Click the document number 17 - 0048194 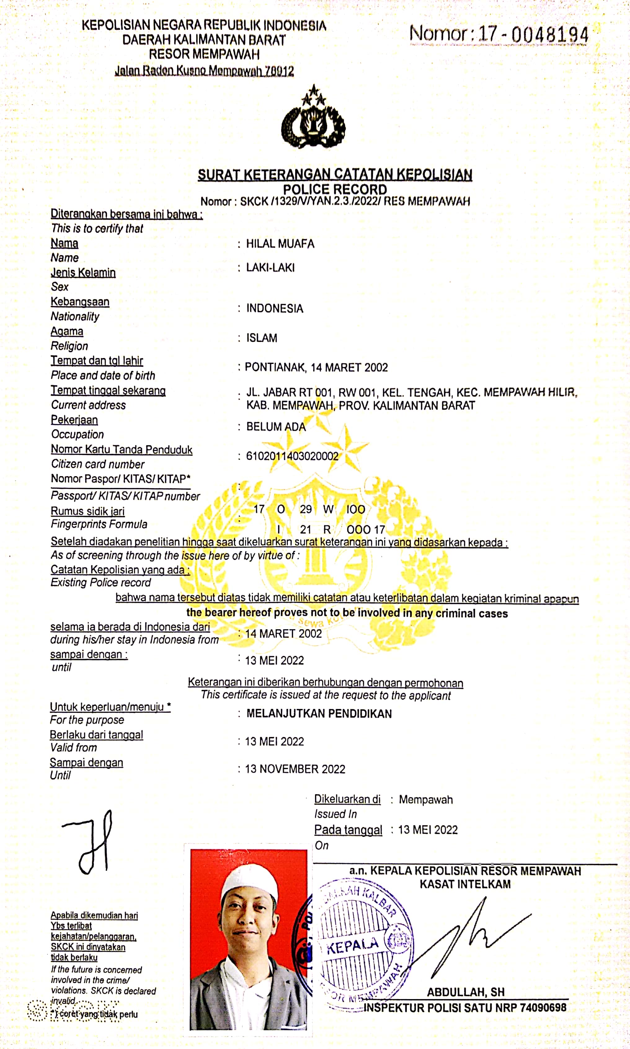[x=533, y=34]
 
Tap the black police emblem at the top [x=313, y=119]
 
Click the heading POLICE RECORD [x=335, y=189]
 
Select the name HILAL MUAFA [x=280, y=244]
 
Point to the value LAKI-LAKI [x=270, y=267]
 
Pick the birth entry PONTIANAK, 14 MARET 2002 [x=316, y=367]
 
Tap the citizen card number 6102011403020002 [x=292, y=456]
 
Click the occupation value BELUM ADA [x=276, y=427]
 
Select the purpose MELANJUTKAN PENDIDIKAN [x=319, y=714]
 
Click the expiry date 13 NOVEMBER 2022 [x=295, y=769]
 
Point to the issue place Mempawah [x=425, y=799]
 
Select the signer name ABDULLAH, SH [x=466, y=992]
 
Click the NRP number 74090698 [x=543, y=1007]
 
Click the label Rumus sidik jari [x=87, y=511]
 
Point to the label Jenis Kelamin [x=83, y=272]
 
